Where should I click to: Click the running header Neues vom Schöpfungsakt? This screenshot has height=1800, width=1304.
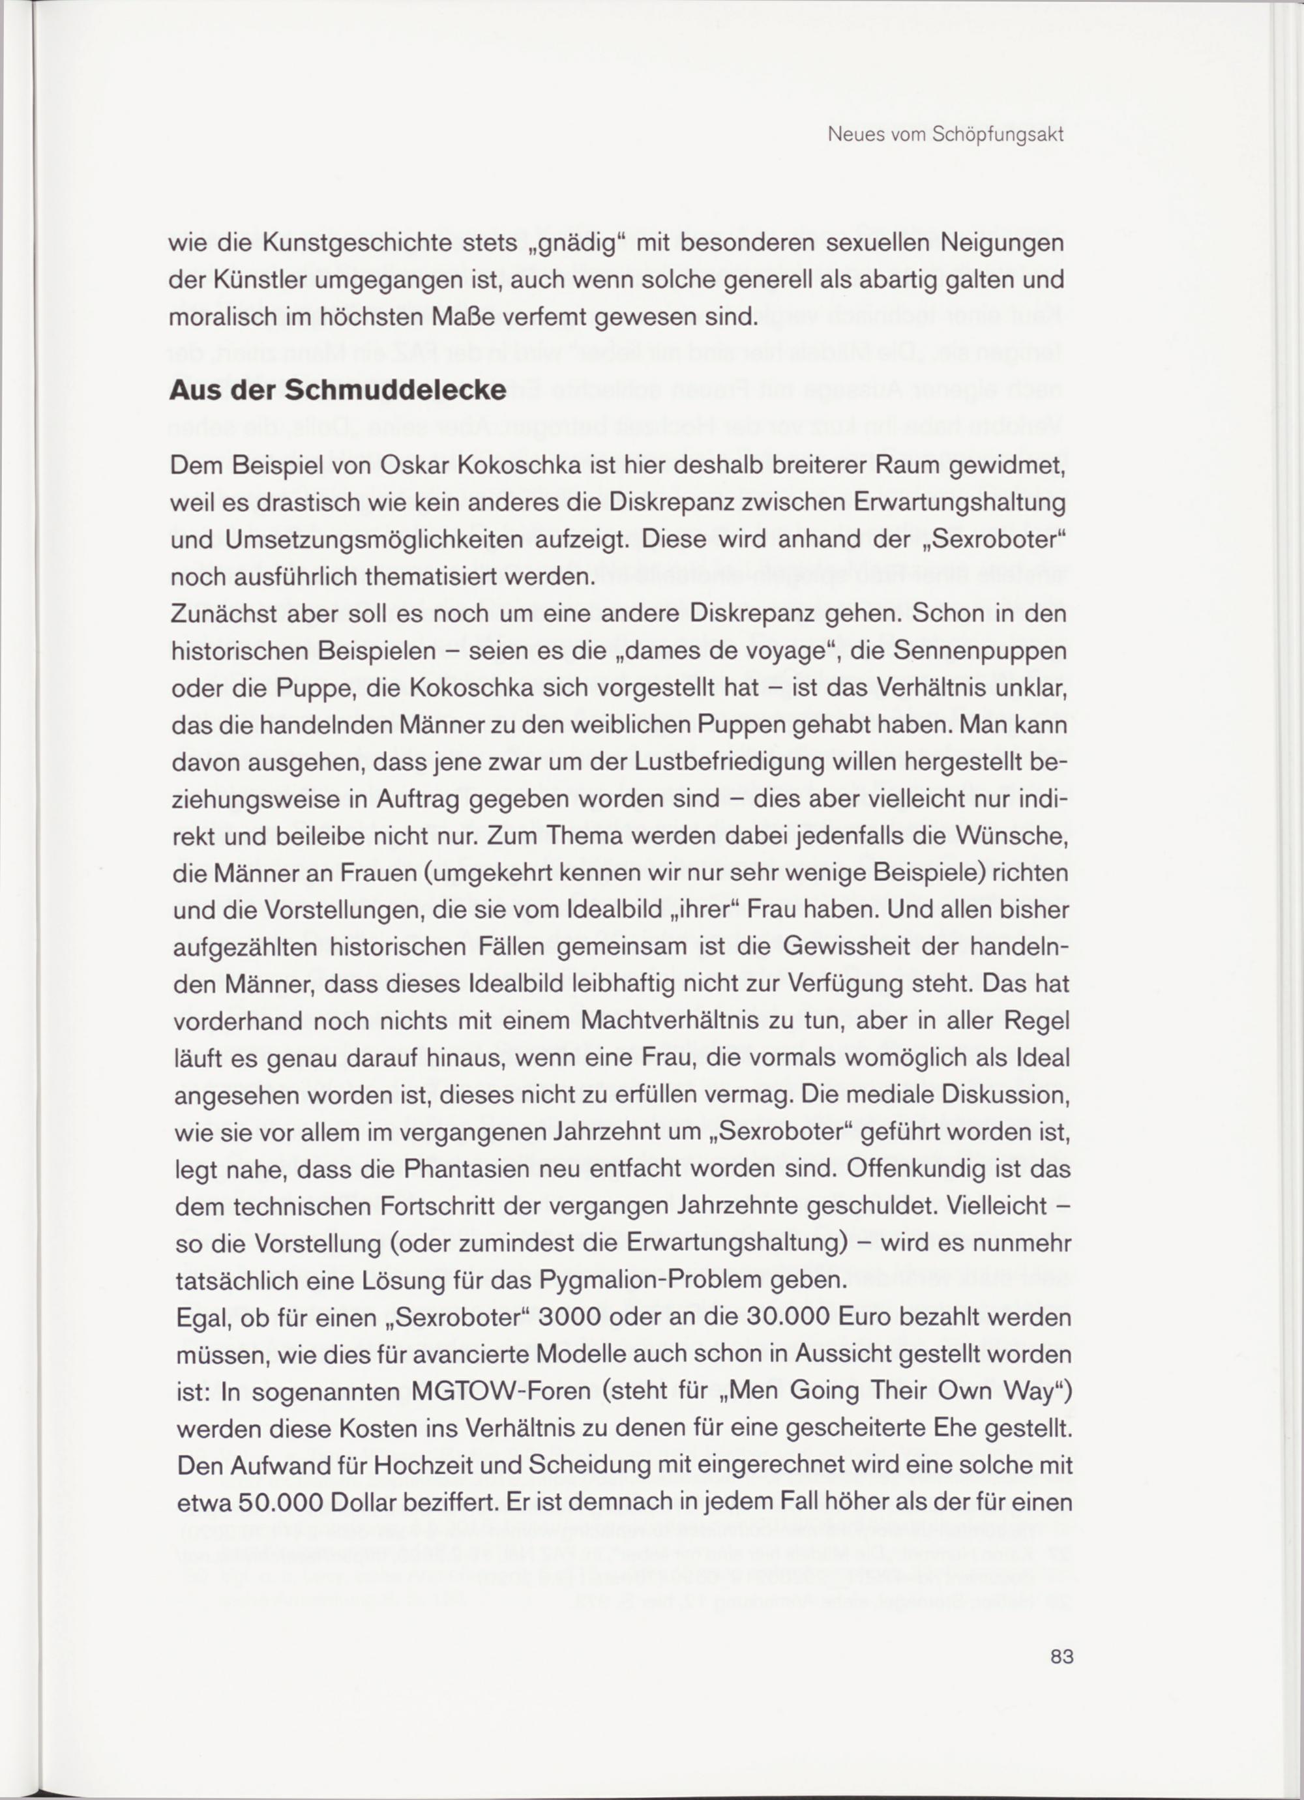945,135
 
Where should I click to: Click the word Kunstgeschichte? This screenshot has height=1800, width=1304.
357,243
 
